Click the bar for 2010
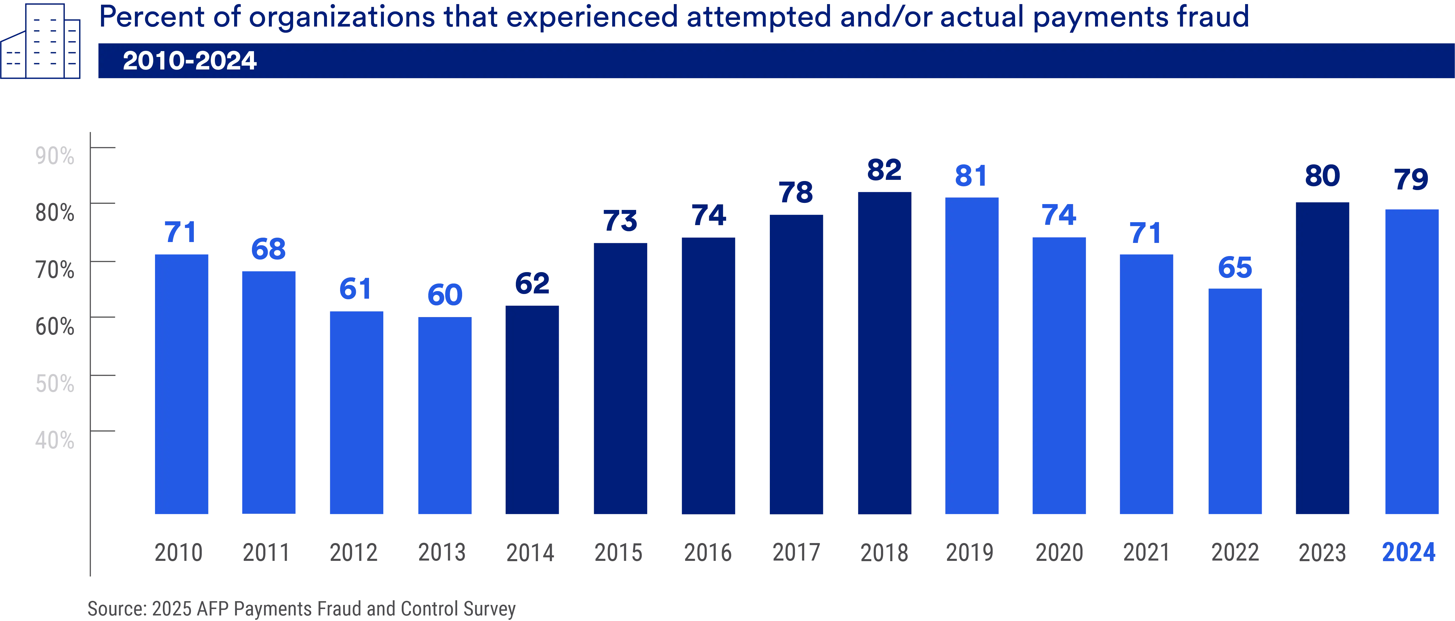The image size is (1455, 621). click(x=182, y=384)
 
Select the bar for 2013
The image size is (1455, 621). click(x=445, y=415)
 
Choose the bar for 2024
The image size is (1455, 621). click(x=1412, y=362)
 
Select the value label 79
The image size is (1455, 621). click(x=1412, y=180)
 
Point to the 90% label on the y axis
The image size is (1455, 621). click(x=54, y=155)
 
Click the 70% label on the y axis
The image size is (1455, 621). click(x=54, y=269)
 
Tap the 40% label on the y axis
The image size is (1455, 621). click(x=54, y=440)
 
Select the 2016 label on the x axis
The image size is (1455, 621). click(x=708, y=552)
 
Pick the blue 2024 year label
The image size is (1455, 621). click(x=1409, y=552)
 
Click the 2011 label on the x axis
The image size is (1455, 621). click(x=265, y=552)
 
